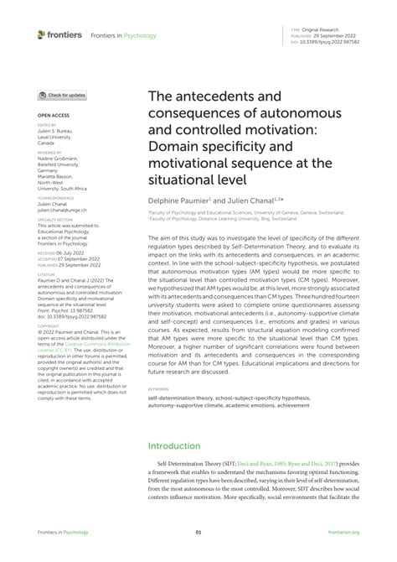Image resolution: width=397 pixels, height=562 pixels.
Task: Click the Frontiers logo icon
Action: [x=40, y=34]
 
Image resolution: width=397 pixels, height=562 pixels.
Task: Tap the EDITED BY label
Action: [x=45, y=125]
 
